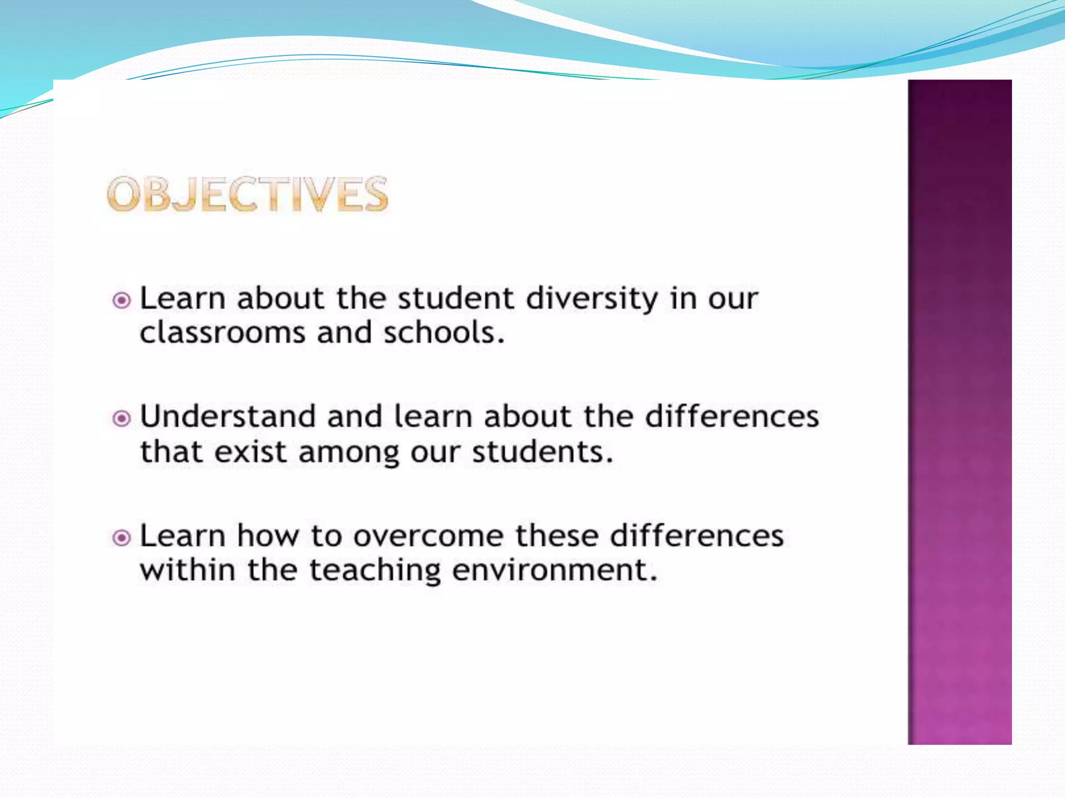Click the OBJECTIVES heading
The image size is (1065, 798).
(x=248, y=194)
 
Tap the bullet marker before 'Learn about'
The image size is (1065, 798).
(x=122, y=300)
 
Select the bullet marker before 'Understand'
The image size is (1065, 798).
(x=122, y=418)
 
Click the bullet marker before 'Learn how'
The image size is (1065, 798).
(x=122, y=537)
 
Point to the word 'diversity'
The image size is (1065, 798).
(x=592, y=300)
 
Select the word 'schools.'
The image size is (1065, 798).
(x=444, y=333)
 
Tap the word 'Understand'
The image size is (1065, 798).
(x=228, y=417)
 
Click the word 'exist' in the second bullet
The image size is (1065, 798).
(x=251, y=451)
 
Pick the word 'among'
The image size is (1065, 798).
(x=349, y=453)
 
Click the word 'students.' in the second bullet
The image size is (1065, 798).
(x=542, y=451)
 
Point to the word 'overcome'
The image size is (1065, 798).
(x=428, y=536)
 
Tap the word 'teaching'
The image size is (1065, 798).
(x=375, y=571)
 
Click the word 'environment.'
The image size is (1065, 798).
(x=555, y=570)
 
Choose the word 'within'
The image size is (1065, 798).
(x=188, y=570)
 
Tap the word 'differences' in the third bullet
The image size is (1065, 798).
(x=697, y=536)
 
